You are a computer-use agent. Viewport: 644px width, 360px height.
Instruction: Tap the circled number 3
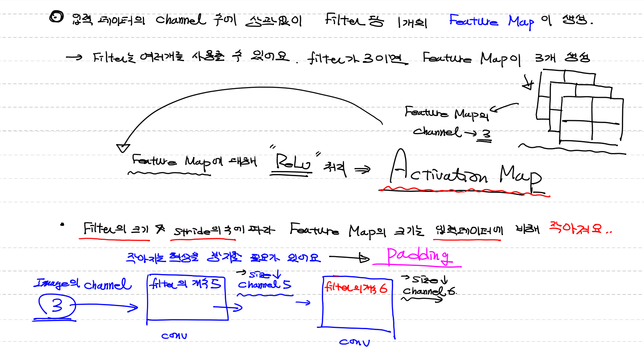pos(57,305)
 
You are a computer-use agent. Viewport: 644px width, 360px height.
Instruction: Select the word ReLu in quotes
pos(292,163)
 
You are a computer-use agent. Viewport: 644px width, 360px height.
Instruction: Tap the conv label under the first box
pos(174,336)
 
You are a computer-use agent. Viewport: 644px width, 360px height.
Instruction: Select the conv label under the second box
pos(354,342)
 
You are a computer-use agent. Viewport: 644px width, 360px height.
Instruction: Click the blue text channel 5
pos(264,284)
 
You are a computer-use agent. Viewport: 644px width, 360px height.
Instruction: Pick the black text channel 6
pos(429,291)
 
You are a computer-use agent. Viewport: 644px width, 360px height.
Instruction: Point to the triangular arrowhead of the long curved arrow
pos(123,148)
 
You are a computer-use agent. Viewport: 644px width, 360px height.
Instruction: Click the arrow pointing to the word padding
pos(348,257)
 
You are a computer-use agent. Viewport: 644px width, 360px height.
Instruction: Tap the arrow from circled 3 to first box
pos(107,306)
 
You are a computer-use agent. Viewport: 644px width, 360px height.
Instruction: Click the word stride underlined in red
pos(192,230)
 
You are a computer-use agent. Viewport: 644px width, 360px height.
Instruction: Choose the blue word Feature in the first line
pos(473,21)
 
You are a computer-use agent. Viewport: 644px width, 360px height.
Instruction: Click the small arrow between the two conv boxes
pos(303,303)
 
